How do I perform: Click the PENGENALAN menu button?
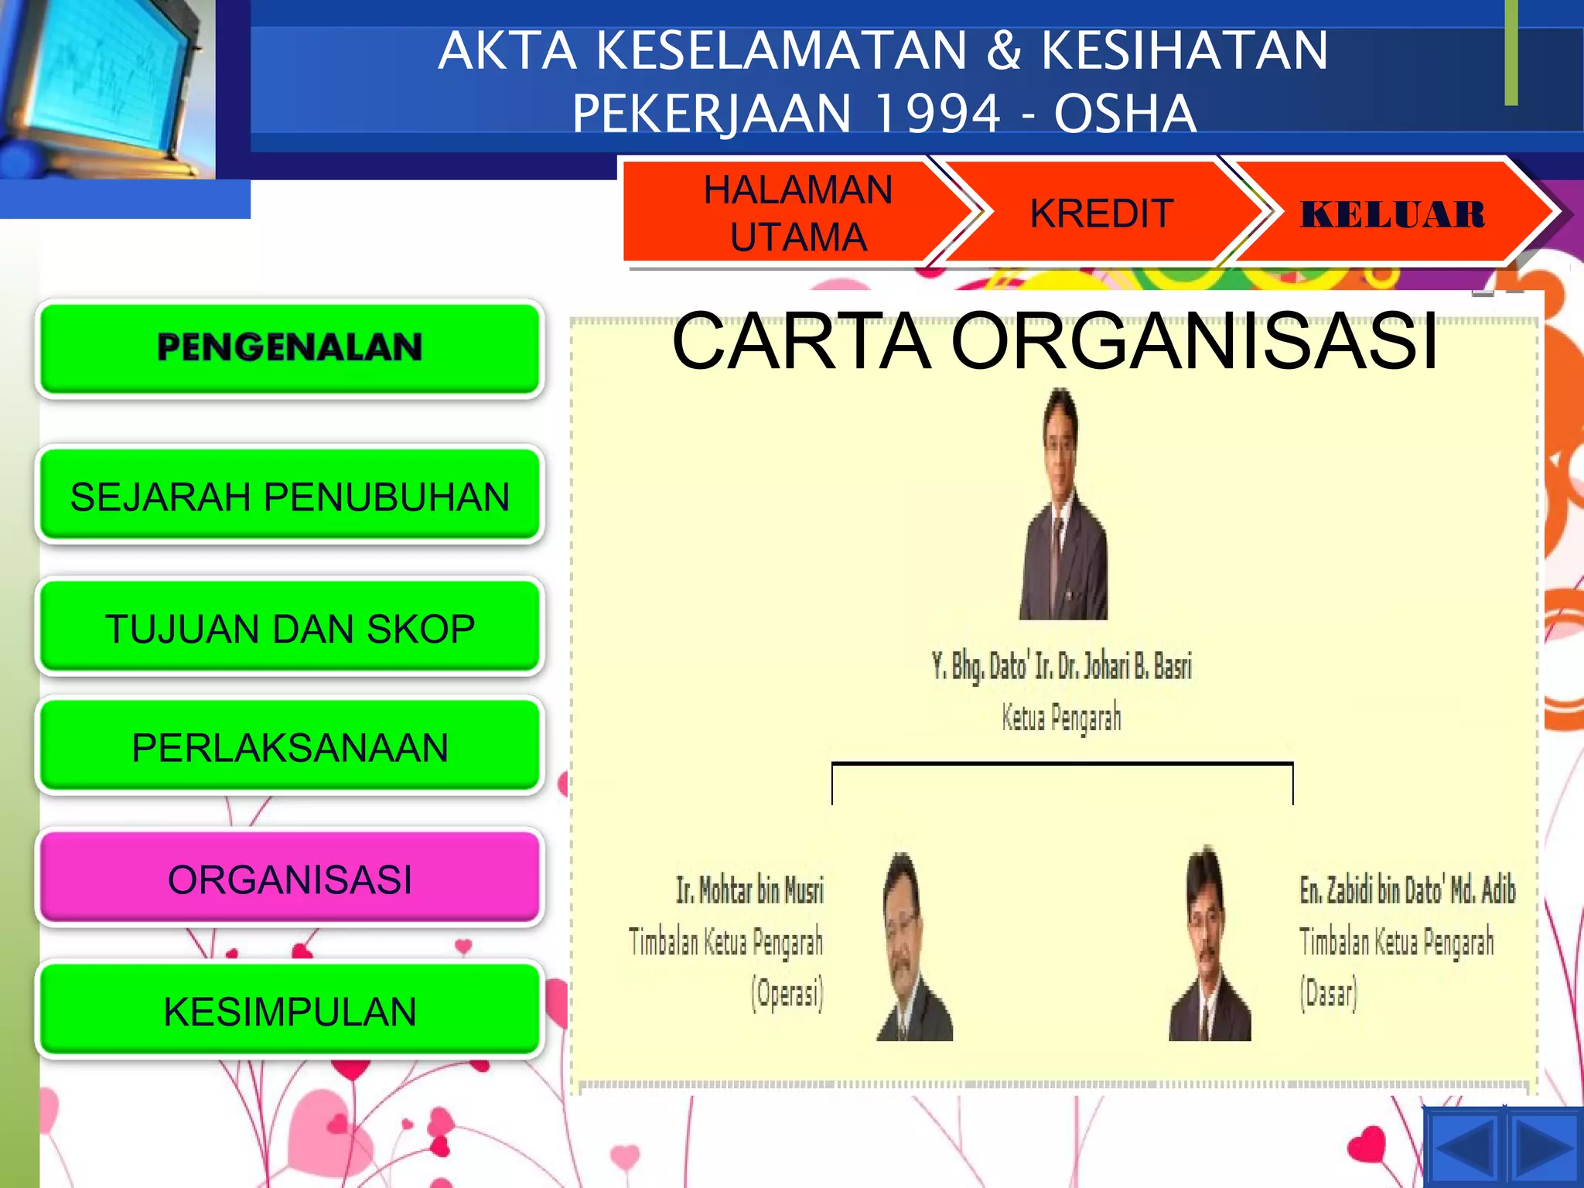point(290,347)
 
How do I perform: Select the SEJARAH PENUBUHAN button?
point(290,496)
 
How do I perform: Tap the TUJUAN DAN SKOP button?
point(290,628)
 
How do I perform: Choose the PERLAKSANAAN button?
point(290,747)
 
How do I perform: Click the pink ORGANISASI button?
point(290,879)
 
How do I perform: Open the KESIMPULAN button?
point(290,1011)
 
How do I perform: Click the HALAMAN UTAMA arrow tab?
point(797,213)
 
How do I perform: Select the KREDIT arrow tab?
point(1101,213)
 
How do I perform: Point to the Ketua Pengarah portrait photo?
point(1063,507)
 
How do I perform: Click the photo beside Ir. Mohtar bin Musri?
point(914,947)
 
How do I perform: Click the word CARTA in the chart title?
point(801,341)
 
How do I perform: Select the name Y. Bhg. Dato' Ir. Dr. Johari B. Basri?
point(1062,666)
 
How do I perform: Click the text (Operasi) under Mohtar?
point(787,993)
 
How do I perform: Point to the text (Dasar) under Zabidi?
point(1328,993)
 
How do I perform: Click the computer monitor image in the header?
point(108,85)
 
